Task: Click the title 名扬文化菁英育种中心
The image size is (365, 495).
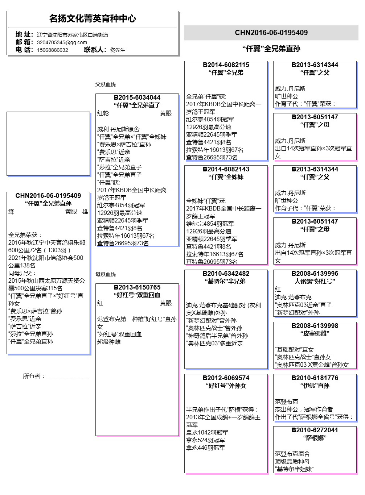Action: pyautogui.click(x=93, y=18)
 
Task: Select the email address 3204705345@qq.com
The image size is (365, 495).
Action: pyautogui.click(x=62, y=42)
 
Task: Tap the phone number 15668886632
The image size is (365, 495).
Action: pyautogui.click(x=52, y=50)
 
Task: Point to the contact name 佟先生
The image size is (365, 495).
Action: pyautogui.click(x=118, y=50)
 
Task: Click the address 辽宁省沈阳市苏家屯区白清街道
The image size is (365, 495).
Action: pyautogui.click(x=72, y=35)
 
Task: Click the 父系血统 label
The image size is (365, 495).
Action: pyautogui.click(x=106, y=84)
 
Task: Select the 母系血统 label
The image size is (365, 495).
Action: pyautogui.click(x=106, y=274)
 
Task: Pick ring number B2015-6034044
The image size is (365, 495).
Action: pyautogui.click(x=137, y=97)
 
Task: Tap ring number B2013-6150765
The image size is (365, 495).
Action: pyautogui.click(x=137, y=287)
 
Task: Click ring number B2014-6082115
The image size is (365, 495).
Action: pyautogui.click(x=226, y=65)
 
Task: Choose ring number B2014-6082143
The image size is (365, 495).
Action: pyautogui.click(x=226, y=169)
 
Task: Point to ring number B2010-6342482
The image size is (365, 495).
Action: pyautogui.click(x=226, y=274)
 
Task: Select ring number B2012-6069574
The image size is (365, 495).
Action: pyautogui.click(x=226, y=378)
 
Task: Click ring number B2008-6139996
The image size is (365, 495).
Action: pyautogui.click(x=315, y=274)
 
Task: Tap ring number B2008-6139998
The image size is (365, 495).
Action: pyautogui.click(x=315, y=326)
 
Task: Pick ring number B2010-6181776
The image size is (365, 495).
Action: pyautogui.click(x=315, y=378)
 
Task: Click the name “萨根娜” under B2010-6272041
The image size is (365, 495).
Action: pyautogui.click(x=315, y=438)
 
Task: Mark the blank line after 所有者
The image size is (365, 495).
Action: pyautogui.click(x=67, y=377)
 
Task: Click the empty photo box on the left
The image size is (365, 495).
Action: pyautogui.click(x=48, y=144)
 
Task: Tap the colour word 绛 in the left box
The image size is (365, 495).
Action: pyautogui.click(x=11, y=212)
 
